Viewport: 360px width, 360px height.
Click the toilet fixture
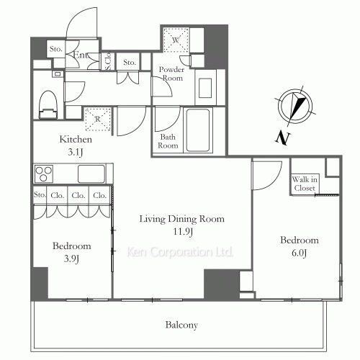coord(48,104)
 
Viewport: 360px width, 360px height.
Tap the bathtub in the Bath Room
coord(198,130)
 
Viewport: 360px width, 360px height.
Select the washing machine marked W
coord(176,40)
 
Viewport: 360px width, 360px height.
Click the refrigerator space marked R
coord(98,119)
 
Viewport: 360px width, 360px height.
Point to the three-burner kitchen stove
coord(44,174)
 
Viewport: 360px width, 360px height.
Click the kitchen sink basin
coord(91,174)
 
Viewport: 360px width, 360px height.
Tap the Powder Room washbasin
coord(205,88)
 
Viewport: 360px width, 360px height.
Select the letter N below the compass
coord(283,138)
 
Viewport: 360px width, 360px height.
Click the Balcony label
coord(181,325)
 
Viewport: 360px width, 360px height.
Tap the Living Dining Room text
coord(182,219)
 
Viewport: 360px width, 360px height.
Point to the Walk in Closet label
coord(305,184)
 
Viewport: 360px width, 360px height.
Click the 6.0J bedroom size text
coord(299,253)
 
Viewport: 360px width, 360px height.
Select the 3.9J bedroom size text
coord(71,259)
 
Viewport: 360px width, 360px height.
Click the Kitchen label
coord(76,139)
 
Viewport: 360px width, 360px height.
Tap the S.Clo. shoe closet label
coord(108,61)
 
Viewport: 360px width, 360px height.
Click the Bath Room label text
coord(168,141)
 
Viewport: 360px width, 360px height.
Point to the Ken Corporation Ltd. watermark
coord(180,252)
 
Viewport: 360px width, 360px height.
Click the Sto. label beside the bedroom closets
coord(40,194)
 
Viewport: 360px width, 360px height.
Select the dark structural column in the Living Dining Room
coord(222,284)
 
